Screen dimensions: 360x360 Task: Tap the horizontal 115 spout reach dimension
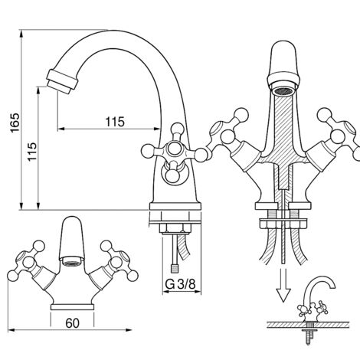(114, 122)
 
